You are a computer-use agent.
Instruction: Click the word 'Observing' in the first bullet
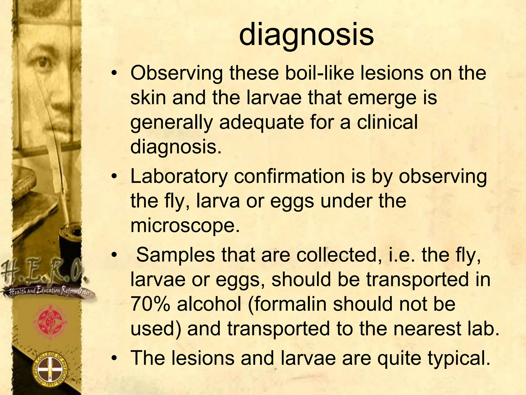tap(176, 73)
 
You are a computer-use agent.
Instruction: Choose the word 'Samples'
tap(175, 255)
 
